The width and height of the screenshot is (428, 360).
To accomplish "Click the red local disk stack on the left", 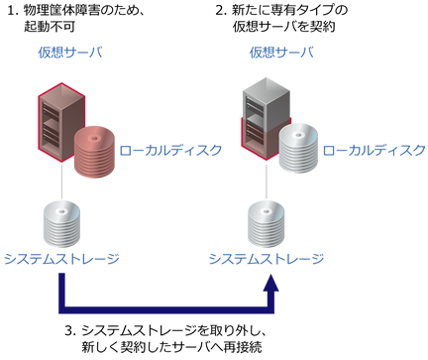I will [x=96, y=149].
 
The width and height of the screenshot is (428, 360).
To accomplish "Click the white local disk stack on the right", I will [x=297, y=149].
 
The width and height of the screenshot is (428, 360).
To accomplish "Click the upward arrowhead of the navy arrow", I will [x=272, y=285].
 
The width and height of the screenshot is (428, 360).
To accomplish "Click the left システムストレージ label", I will [x=62, y=260].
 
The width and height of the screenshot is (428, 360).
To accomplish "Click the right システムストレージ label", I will [x=266, y=260].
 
